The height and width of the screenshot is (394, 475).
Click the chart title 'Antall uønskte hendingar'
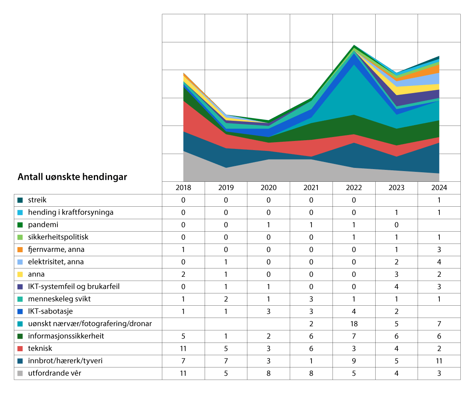point(72,177)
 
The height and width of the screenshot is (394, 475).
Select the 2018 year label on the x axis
point(183,188)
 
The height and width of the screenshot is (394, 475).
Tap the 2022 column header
point(354,188)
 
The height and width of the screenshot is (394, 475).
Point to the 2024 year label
point(439,188)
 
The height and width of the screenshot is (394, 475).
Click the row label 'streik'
point(37,200)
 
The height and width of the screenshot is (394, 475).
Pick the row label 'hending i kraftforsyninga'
point(70,212)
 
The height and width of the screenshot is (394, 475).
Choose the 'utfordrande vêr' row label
point(55,373)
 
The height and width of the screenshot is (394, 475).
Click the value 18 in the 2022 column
point(354,324)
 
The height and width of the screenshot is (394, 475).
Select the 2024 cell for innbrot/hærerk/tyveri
point(439,361)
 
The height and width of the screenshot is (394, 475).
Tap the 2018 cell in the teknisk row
point(183,348)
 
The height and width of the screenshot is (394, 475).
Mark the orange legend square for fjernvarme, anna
point(20,250)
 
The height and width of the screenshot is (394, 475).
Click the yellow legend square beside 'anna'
point(20,274)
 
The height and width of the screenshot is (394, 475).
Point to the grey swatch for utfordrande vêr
point(20,373)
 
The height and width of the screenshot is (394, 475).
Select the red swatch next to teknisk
point(20,349)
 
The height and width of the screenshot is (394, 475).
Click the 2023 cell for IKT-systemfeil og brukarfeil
point(396,287)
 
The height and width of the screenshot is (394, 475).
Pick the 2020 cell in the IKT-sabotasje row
point(268,311)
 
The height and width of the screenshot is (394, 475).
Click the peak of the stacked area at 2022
point(354,46)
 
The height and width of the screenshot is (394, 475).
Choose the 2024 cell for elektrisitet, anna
point(439,262)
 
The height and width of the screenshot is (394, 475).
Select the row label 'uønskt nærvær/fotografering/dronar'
point(90,324)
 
